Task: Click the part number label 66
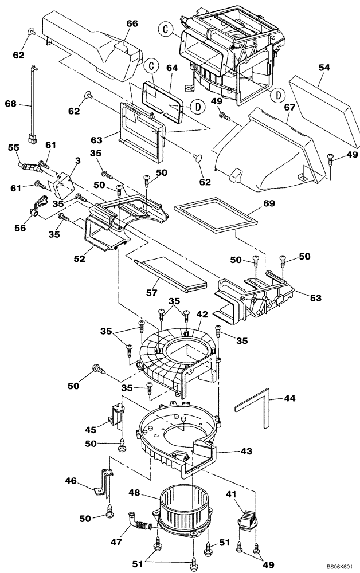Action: pos(132,23)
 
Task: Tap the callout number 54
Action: pos(324,68)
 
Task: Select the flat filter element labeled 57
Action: pos(172,272)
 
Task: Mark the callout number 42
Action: pos(201,314)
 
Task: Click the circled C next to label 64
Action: pos(150,66)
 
